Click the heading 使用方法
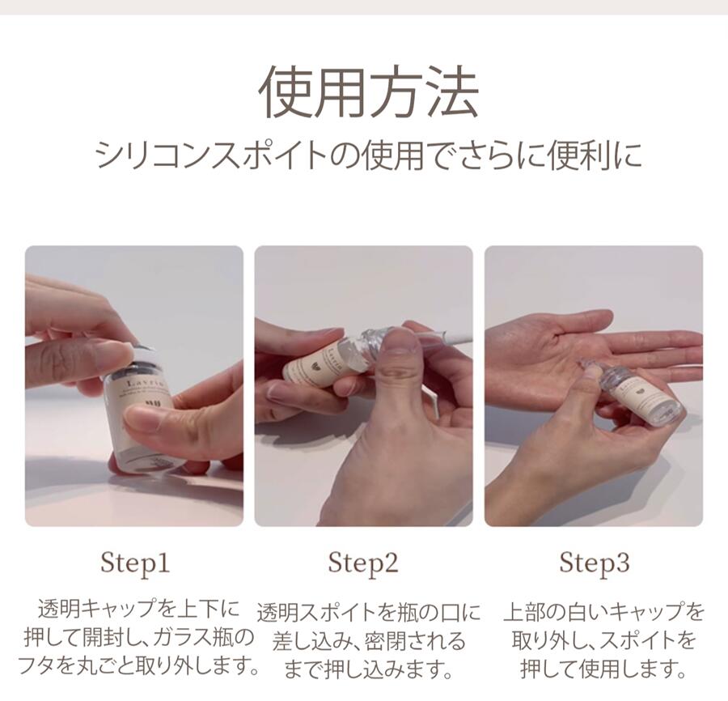pos(368,91)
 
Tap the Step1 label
pos(135,563)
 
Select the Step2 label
pos(363,563)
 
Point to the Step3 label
pos(595,563)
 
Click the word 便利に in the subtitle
pos(595,155)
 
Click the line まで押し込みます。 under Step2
pos(369,670)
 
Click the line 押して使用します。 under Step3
pos(604,669)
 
